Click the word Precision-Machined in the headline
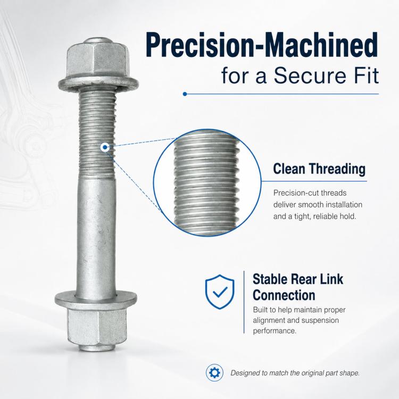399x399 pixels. pos(262,45)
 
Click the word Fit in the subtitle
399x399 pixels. pos(366,76)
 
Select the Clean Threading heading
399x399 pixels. pos(319,169)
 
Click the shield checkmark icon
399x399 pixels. pos(220,292)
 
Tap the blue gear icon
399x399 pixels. pos(214,373)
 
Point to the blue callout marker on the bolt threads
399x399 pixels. pos(105,147)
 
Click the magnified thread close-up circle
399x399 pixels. pos(207,182)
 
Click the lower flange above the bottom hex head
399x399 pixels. pos(96,300)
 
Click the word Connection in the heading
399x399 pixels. pos(284,295)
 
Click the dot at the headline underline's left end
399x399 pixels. pos(185,94)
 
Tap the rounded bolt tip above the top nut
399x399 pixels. pos(97,41)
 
